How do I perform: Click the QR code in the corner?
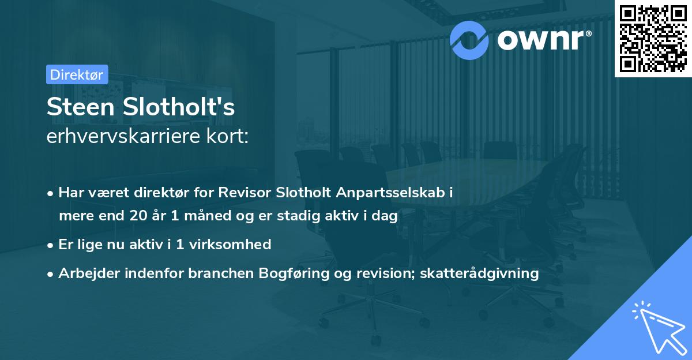(x=653, y=39)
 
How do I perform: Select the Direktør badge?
(x=77, y=74)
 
